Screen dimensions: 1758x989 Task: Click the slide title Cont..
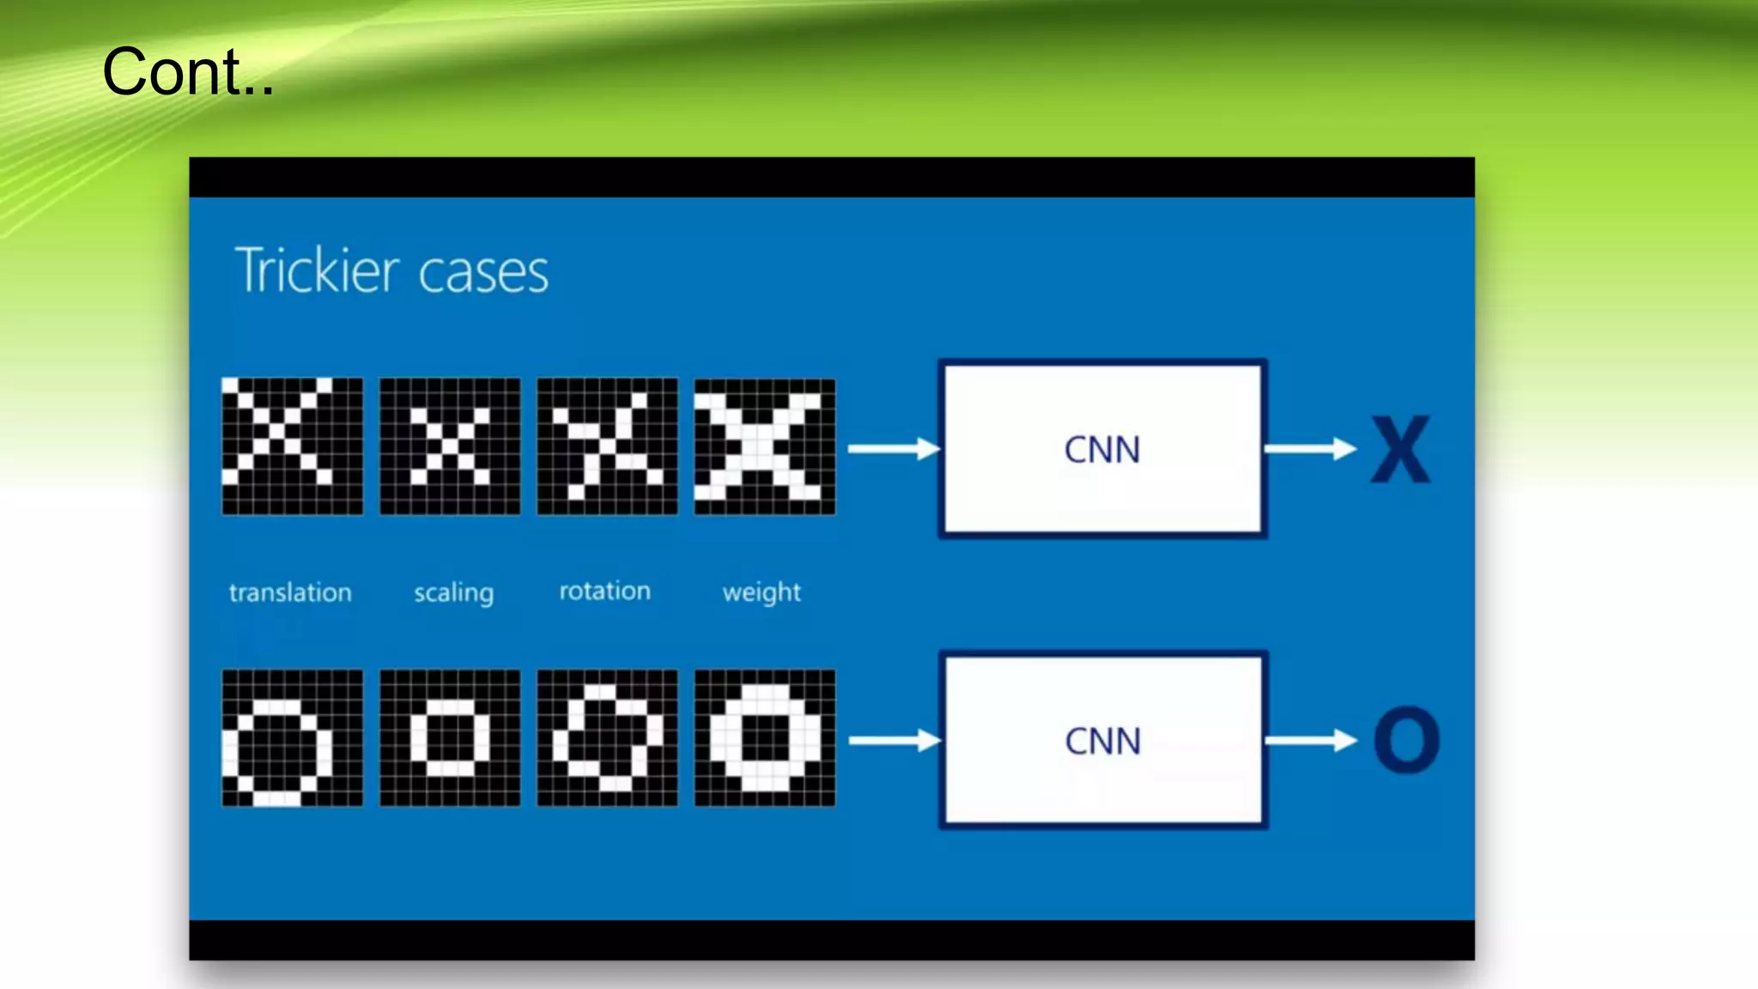(187, 72)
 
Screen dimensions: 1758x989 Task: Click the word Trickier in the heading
(317, 270)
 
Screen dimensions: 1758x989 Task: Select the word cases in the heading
(483, 273)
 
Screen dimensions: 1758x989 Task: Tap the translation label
(290, 592)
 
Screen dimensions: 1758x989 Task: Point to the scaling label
(453, 593)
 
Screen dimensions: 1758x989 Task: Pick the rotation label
(605, 592)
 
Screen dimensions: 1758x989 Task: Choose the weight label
(761, 592)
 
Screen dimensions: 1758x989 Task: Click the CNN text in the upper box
(1102, 450)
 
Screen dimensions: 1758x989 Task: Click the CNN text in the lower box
(1103, 741)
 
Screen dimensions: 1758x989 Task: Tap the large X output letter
(1400, 450)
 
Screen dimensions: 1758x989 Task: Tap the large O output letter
(1406, 740)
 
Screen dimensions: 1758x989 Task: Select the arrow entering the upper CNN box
(893, 449)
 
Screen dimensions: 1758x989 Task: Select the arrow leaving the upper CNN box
(1309, 449)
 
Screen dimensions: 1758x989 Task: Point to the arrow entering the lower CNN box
(894, 740)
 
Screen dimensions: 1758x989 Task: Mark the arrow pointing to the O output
(1310, 740)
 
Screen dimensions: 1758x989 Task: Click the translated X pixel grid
(292, 446)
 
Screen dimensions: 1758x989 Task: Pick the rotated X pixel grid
(607, 446)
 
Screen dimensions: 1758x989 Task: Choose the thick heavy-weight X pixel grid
(764, 446)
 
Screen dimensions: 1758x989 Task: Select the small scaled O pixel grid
(450, 738)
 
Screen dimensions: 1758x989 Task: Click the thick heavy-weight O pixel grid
(764, 738)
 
